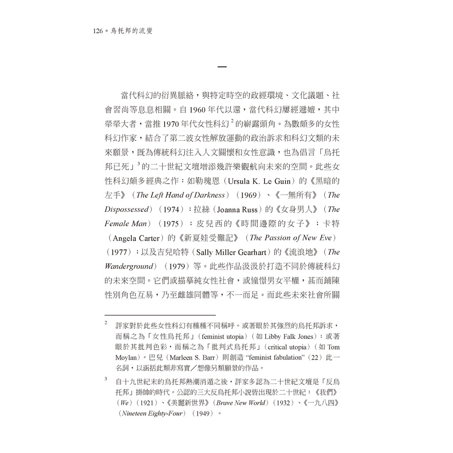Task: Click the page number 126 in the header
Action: point(98,31)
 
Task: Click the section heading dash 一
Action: point(222,68)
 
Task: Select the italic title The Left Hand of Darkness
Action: point(182,195)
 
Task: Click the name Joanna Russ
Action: point(240,209)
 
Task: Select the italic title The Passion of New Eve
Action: point(290,238)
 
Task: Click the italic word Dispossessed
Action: point(126,209)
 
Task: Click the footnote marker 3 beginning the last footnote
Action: point(106,379)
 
